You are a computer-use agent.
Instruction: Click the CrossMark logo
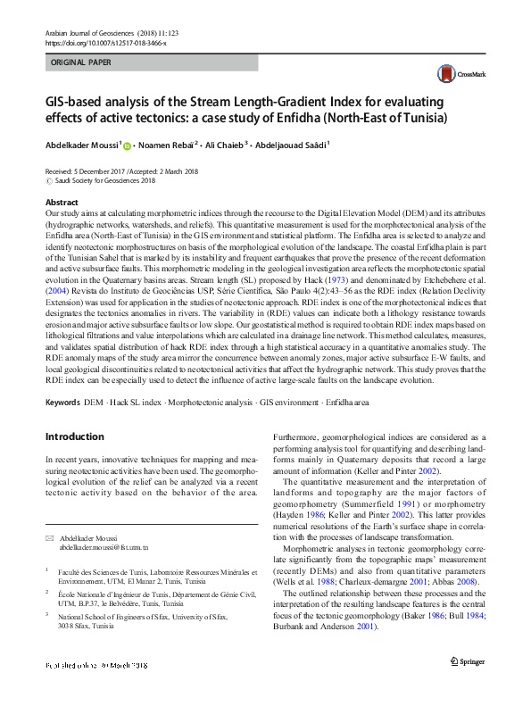pos(452,75)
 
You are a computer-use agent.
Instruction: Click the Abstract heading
pos(62,203)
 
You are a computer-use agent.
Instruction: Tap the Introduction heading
pos(74,436)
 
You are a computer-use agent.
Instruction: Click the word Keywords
pos(63,404)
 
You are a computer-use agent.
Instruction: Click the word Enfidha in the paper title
pos(377,118)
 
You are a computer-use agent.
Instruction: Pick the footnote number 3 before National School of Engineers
pos(46,616)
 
